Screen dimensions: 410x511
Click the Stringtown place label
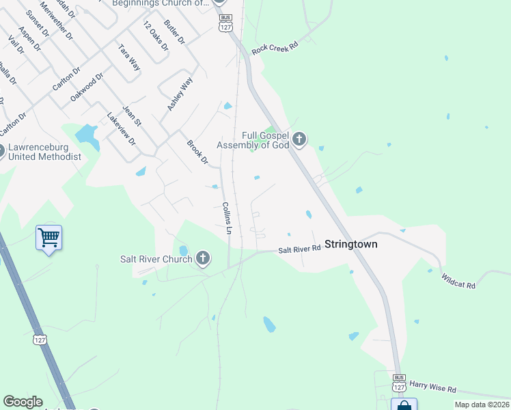click(350, 244)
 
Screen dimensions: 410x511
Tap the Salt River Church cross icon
click(202, 258)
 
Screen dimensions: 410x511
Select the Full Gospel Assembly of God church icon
click(299, 140)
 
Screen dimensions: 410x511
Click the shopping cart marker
click(49, 238)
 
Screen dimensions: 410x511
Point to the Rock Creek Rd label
click(275, 48)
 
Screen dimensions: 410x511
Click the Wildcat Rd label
click(458, 281)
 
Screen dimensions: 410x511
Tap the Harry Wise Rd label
click(432, 387)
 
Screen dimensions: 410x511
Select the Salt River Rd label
click(299, 250)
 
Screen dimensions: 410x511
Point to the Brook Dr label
click(197, 152)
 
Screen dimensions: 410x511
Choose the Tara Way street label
click(129, 57)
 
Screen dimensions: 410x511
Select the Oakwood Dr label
click(86, 87)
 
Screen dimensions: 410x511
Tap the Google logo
click(23, 402)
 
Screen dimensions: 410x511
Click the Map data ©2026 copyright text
click(482, 405)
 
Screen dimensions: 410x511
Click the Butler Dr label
click(175, 31)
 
